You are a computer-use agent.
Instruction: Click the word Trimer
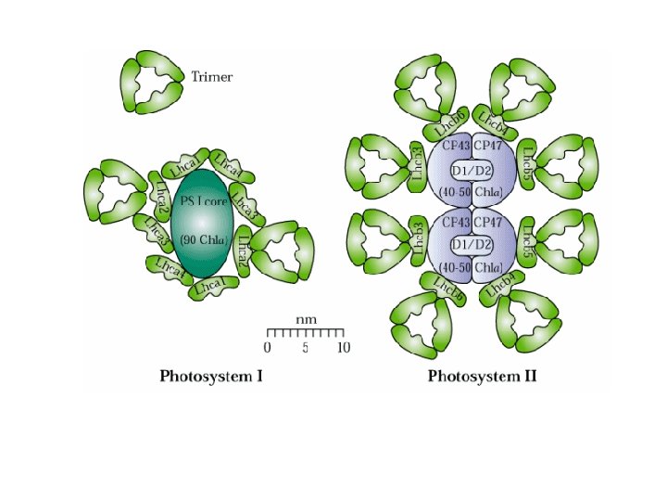(x=211, y=77)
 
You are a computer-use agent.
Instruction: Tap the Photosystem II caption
(x=482, y=377)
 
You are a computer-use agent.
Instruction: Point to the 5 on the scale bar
(x=305, y=348)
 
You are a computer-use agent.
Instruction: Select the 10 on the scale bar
(x=343, y=348)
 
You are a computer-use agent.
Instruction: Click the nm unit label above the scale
(x=306, y=319)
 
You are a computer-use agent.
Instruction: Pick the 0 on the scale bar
(x=268, y=348)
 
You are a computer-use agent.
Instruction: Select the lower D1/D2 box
(x=472, y=244)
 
